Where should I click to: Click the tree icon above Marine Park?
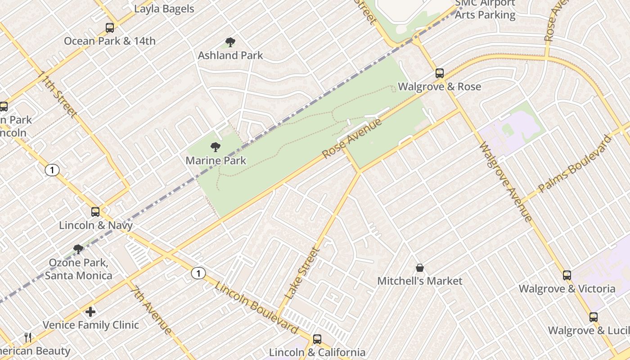point(216,147)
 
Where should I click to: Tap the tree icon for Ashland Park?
point(230,43)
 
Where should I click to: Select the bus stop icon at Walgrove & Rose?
point(440,73)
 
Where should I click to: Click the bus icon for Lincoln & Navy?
point(95,211)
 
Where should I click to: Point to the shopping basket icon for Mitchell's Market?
point(420,268)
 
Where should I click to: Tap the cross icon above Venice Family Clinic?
point(90,311)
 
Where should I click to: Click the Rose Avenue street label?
point(352,138)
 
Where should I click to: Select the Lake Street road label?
point(302,274)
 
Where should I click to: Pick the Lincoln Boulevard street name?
point(256,308)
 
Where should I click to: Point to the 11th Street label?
point(58,94)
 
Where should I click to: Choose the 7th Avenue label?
point(151,310)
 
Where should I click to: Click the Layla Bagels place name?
point(164,9)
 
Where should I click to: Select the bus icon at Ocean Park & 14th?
point(110,28)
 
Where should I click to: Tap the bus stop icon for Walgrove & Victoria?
point(567,275)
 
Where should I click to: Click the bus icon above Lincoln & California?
point(317,339)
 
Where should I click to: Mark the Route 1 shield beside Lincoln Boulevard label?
point(198,273)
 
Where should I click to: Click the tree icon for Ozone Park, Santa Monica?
point(78,249)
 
